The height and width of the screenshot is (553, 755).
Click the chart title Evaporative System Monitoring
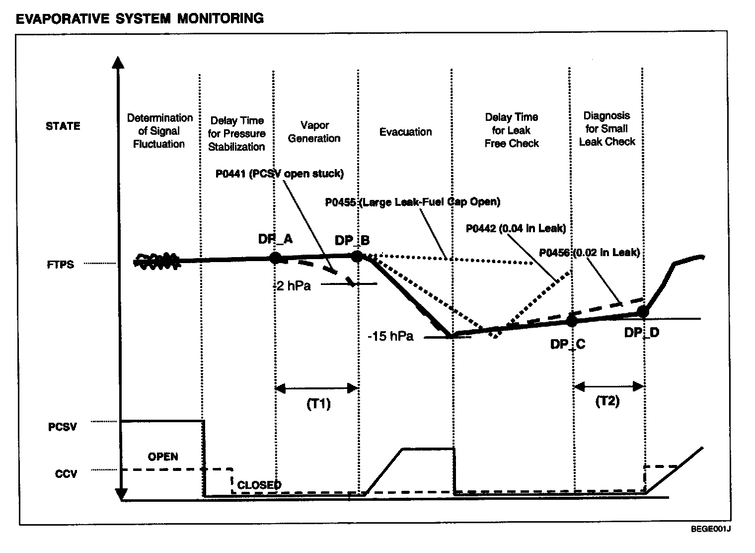pos(140,18)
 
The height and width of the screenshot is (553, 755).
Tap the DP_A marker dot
pos(275,257)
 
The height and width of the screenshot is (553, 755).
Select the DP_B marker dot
pos(357,256)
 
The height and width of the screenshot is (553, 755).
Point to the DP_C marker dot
pos(572,320)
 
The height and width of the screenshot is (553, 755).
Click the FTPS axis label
pos(61,265)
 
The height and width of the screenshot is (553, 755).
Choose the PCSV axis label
pos(63,427)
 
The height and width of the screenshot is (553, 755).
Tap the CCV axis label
pos(66,473)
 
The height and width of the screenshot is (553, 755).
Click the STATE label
pos(63,126)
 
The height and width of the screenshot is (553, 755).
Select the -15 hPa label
pos(390,336)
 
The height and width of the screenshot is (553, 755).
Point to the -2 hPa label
pos(292,285)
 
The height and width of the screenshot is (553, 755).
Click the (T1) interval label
pos(318,404)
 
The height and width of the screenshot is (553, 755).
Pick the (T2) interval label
pos(607,401)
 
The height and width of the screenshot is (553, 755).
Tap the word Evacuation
pos(405,132)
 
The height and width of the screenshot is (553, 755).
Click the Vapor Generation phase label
pos(314,132)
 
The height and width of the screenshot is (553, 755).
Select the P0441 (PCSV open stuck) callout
pos(279,174)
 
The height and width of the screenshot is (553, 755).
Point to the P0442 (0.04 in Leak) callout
pos(516,228)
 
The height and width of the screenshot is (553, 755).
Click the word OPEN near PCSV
pos(163,457)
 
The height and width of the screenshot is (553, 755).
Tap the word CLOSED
pos(259,485)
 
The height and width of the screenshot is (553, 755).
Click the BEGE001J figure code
pos(710,543)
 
